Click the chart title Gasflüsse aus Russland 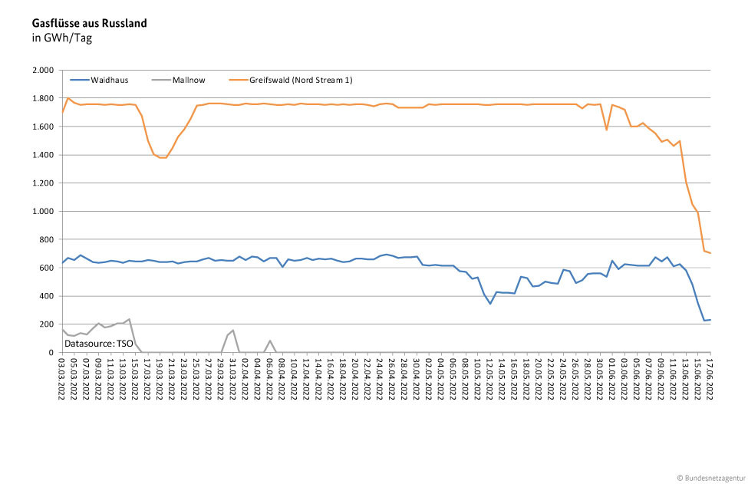pos(89,23)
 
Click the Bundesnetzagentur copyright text pos(710,477)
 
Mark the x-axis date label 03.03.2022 pos(62,380)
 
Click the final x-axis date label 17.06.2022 pos(710,380)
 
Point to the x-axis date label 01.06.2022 pos(612,380)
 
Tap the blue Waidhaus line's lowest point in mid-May pos(490,304)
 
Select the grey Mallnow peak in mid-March pos(129,319)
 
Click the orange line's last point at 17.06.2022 pos(710,253)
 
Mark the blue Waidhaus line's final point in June pos(710,320)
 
